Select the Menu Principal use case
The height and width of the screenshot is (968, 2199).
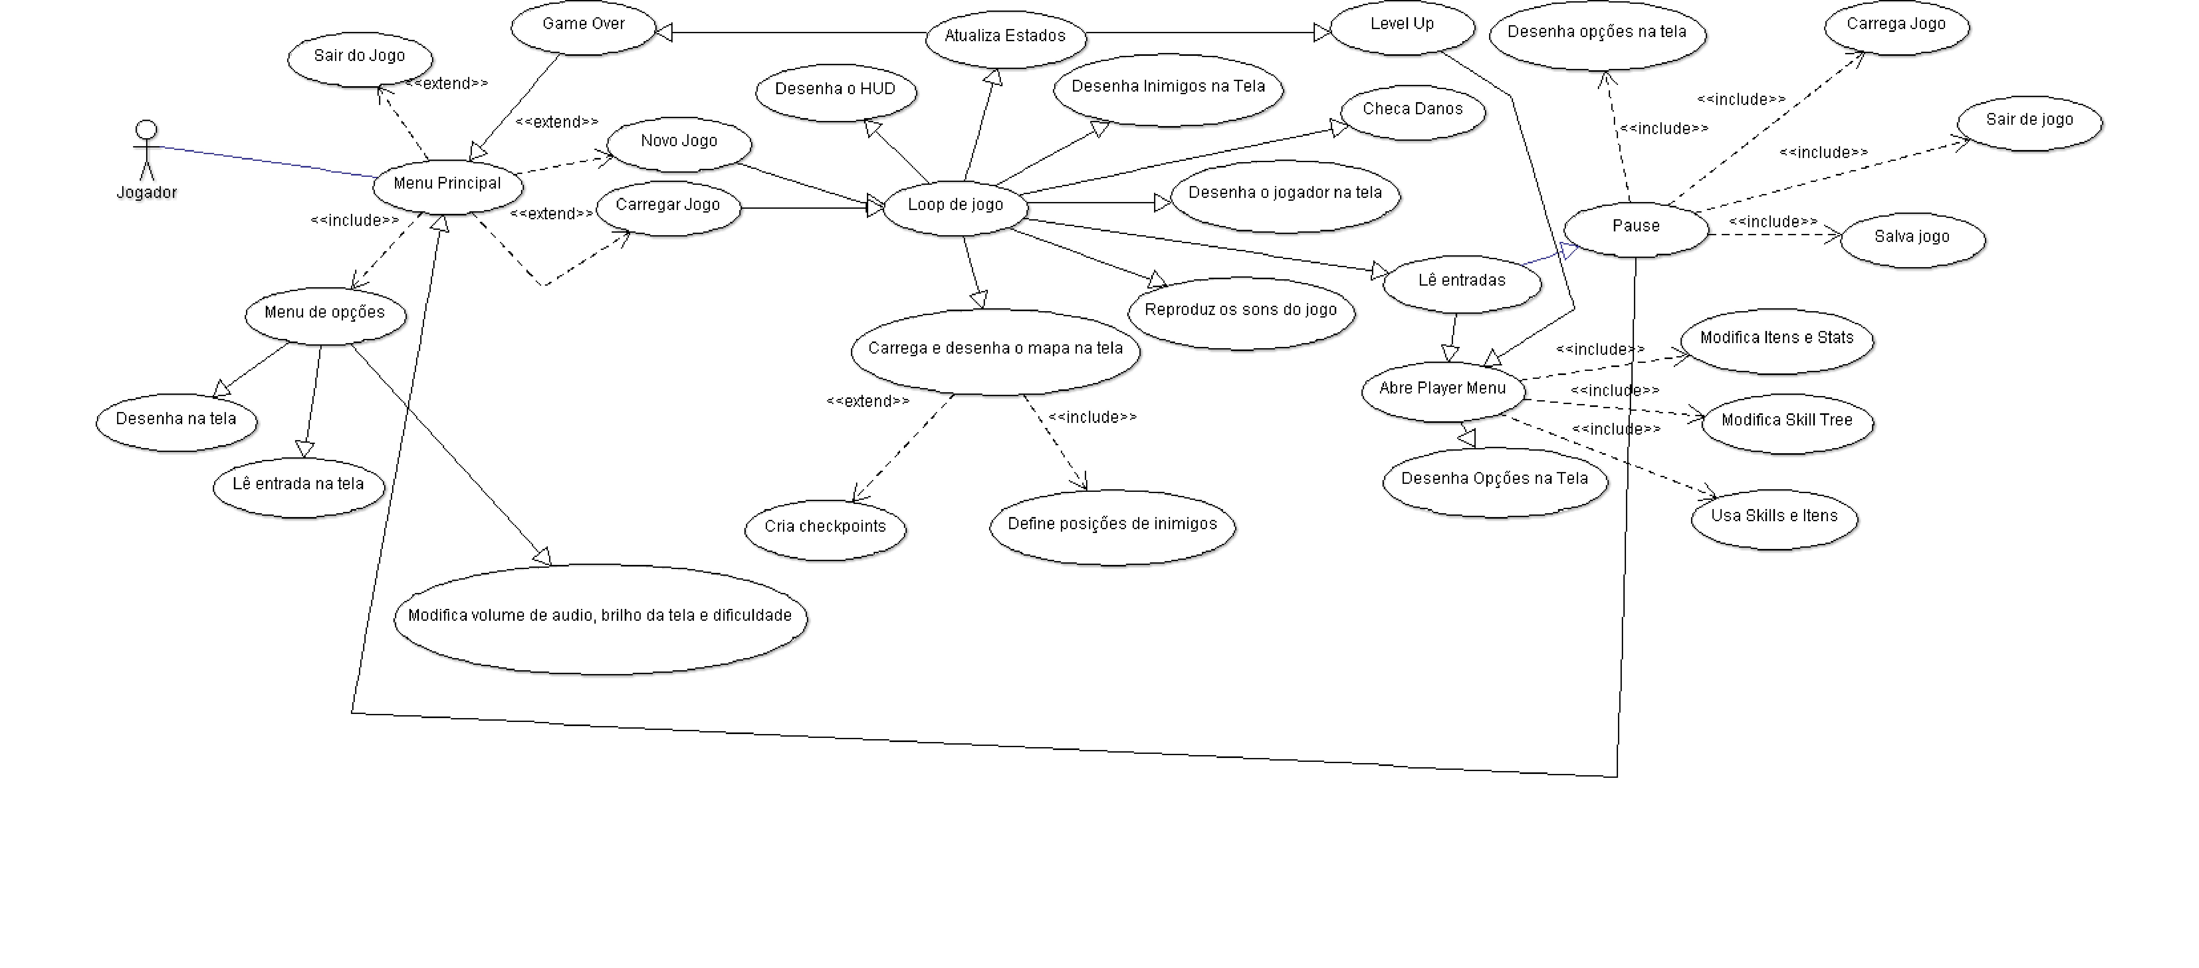click(x=447, y=184)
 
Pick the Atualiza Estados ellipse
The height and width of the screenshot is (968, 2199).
click(x=1005, y=37)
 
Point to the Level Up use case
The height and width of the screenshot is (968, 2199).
click(x=1402, y=26)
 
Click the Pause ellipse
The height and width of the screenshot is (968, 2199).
click(x=1636, y=227)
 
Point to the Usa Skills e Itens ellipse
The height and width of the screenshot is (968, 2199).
click(x=1774, y=517)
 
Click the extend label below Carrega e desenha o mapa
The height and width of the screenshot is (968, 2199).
click(x=867, y=401)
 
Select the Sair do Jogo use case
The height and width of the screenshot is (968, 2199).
click(x=359, y=57)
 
